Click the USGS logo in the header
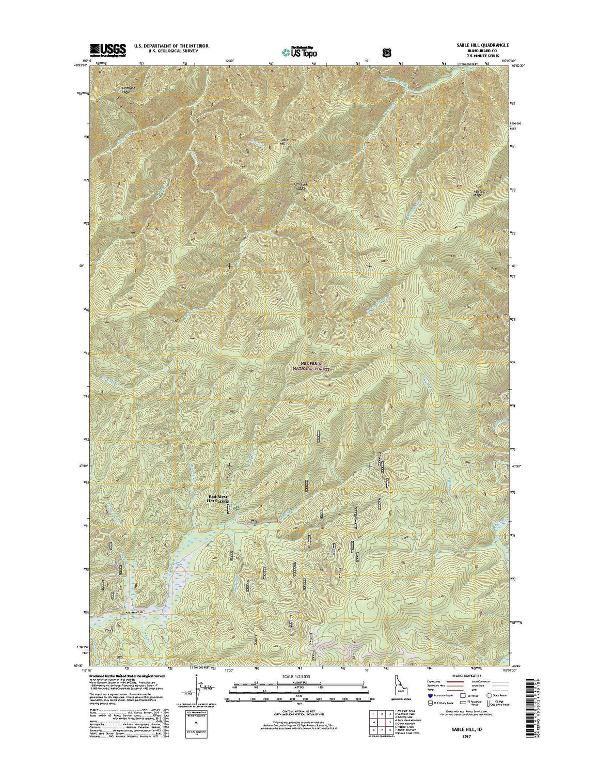coord(108,50)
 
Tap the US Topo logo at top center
coord(299,51)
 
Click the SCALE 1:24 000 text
coord(299,676)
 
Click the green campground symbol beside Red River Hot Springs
coord(237,509)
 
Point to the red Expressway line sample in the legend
coord(453,682)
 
